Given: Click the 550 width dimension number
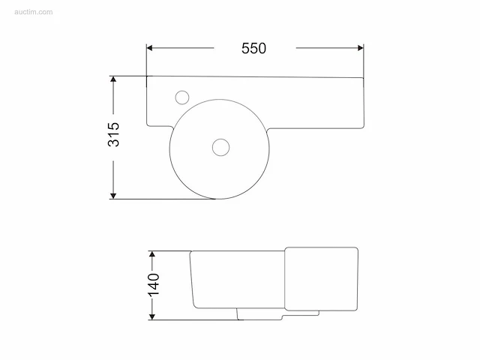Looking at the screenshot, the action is coord(253,48).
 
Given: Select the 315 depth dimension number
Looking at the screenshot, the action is coord(113,134).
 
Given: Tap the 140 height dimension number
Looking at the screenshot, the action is coord(154,285).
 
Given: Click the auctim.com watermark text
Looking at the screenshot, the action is coord(33,12).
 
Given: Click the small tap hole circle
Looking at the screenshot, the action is coord(182,97).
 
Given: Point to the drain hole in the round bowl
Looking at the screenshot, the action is coord(220,147).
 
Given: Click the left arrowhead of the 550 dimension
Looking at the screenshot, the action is coord(150,48).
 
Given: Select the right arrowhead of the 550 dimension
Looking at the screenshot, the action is coord(360,48).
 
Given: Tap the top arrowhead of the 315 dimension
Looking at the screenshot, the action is coord(113,79).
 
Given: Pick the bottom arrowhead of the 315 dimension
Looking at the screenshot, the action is coord(113,196).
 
